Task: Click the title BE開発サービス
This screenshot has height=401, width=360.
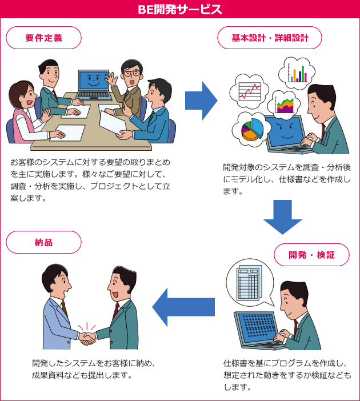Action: coord(180,10)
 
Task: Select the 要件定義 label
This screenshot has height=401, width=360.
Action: coord(43,38)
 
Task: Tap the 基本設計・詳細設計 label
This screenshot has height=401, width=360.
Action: coord(270,38)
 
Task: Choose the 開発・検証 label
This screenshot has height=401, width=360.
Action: coord(311,255)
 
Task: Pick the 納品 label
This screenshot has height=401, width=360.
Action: coord(43,242)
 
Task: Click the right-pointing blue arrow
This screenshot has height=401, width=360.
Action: coord(201,101)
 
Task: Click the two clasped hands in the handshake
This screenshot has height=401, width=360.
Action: coord(87,338)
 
